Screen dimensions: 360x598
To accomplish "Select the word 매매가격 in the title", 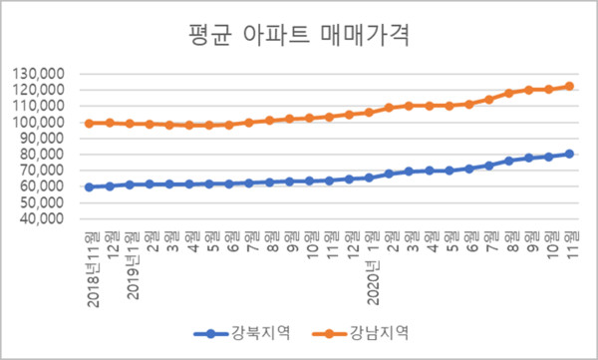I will (366, 38).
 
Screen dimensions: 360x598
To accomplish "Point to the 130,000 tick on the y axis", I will (40, 75).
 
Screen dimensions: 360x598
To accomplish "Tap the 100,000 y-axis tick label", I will (40, 123).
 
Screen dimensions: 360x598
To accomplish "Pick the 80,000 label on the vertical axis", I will (43, 155).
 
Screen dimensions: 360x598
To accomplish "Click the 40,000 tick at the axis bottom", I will (43, 218).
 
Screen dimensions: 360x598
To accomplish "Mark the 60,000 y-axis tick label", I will (43, 186).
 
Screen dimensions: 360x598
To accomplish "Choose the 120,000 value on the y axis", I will (40, 91).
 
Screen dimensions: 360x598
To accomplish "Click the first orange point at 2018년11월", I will (90, 123).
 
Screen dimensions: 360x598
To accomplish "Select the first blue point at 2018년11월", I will (90, 186).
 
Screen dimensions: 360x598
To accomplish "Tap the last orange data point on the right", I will (569, 86).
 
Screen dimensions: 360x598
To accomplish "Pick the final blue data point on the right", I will (569, 154).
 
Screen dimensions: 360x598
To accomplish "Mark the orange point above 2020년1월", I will (369, 112).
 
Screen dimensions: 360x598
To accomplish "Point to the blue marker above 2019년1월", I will (130, 184).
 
